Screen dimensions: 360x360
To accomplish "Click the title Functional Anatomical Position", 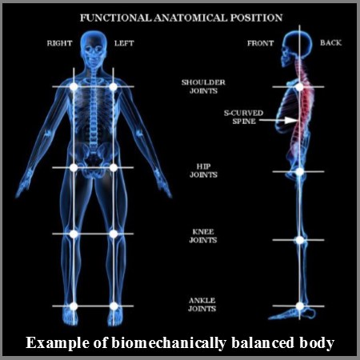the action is [181, 18].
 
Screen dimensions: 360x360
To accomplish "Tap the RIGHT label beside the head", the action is [59, 43].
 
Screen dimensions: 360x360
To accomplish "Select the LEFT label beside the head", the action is [124, 43].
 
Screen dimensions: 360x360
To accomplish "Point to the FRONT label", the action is [260, 43].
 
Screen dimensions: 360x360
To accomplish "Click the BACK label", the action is [330, 42].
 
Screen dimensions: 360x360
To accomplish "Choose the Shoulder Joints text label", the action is [203, 86].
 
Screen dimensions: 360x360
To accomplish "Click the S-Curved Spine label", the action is [243, 117].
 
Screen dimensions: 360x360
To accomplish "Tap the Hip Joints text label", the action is [203, 170].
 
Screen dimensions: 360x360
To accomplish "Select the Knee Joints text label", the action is [203, 236].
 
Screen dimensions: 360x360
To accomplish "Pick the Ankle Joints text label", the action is [202, 305].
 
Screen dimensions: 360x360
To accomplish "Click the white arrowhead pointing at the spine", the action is [291, 120].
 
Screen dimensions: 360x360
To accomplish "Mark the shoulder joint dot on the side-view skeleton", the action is [299, 86].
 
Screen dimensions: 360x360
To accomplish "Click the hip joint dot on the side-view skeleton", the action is [299, 171].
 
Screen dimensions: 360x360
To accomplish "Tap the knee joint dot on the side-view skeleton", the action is [299, 240].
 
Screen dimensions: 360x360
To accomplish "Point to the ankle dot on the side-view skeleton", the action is [299, 306].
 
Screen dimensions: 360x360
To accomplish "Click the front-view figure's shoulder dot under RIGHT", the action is [74, 86].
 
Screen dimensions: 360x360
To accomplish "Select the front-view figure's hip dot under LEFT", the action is [114, 167].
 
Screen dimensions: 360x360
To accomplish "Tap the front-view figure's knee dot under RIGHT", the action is [74, 234].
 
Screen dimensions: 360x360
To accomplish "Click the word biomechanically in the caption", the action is [169, 343].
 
